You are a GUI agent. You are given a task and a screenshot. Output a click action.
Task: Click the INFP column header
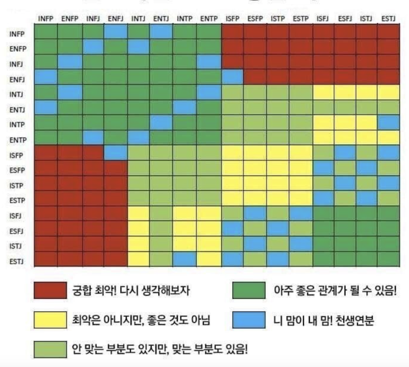pos(46,19)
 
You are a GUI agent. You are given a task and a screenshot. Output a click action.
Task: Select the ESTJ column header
pos(388,19)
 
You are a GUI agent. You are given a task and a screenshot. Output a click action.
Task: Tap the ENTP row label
pos(18,140)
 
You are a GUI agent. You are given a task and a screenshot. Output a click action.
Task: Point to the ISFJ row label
pos(15,216)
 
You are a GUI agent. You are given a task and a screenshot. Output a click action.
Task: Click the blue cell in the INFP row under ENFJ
pos(116,32)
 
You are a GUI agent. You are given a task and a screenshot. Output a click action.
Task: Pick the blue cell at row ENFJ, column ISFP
pos(232,77)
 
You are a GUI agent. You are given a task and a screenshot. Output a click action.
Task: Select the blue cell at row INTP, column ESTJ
pos(389,123)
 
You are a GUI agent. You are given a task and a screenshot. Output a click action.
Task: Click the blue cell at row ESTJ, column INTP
pos(185,259)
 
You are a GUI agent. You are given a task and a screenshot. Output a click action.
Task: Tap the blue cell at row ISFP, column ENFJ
pos(116,153)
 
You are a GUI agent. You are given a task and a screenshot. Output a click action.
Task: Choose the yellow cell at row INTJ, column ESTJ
pos(389,92)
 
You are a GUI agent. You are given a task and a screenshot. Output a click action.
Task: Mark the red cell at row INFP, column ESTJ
pos(389,32)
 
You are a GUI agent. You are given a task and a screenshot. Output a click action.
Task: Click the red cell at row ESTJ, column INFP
pos(46,259)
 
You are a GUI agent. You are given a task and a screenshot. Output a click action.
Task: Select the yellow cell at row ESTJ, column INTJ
pos(138,259)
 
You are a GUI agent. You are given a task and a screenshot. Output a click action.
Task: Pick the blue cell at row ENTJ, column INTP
pos(185,107)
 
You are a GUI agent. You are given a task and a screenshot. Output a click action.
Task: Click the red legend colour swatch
pos(50,290)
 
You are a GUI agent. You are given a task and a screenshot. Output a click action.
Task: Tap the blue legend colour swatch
pos(249,320)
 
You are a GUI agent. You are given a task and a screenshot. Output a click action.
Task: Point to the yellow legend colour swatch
pos(50,320)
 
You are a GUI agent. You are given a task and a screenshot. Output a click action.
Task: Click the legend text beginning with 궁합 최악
pos(131,290)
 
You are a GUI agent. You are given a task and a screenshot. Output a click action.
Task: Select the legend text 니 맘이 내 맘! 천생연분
pos(323,320)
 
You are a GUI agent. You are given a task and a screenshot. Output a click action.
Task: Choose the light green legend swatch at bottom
pos(50,349)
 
